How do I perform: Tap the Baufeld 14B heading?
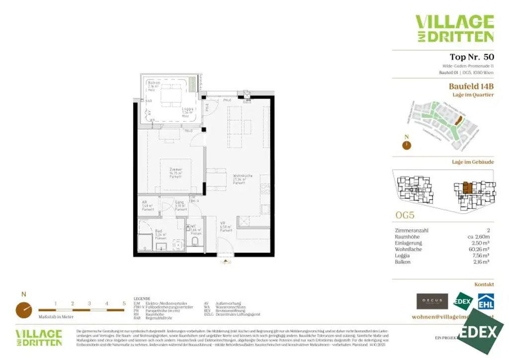coord(471,86)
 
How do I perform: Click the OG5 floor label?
coord(405,216)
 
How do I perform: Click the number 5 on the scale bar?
coord(124,303)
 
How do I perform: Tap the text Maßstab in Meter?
coord(56,316)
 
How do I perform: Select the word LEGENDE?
coord(142,298)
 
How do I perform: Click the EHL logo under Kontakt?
coord(485,301)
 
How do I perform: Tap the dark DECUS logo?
coord(432,301)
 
